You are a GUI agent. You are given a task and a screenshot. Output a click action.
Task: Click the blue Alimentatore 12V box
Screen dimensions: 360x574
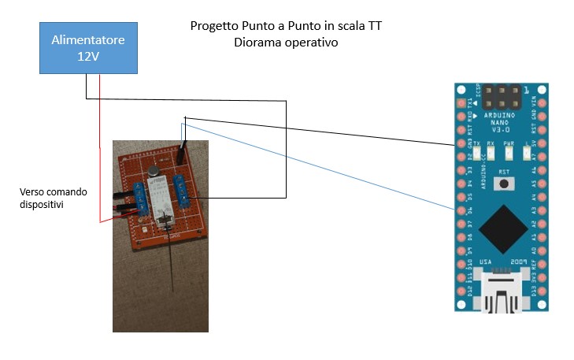tap(88, 47)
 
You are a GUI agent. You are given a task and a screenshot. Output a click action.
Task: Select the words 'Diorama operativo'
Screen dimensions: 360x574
tap(285, 43)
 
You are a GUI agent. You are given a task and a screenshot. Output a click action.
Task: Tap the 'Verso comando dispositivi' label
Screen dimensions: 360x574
tap(54, 199)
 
